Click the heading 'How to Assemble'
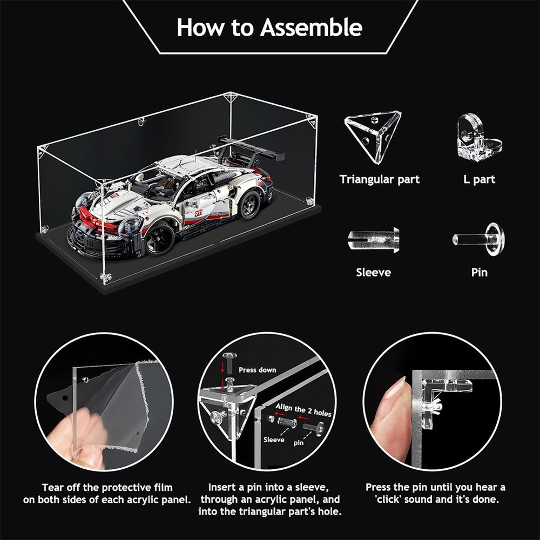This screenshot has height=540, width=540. [269, 27]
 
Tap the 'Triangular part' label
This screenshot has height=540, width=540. [379, 179]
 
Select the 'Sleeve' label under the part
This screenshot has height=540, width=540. [373, 272]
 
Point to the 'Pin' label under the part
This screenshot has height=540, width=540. [479, 272]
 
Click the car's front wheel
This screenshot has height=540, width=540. [160, 238]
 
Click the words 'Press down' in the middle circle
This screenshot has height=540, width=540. [257, 370]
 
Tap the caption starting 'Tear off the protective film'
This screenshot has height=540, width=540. [107, 494]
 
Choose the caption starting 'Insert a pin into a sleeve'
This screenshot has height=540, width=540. [269, 500]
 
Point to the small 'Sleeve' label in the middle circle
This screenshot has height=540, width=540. [274, 440]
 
